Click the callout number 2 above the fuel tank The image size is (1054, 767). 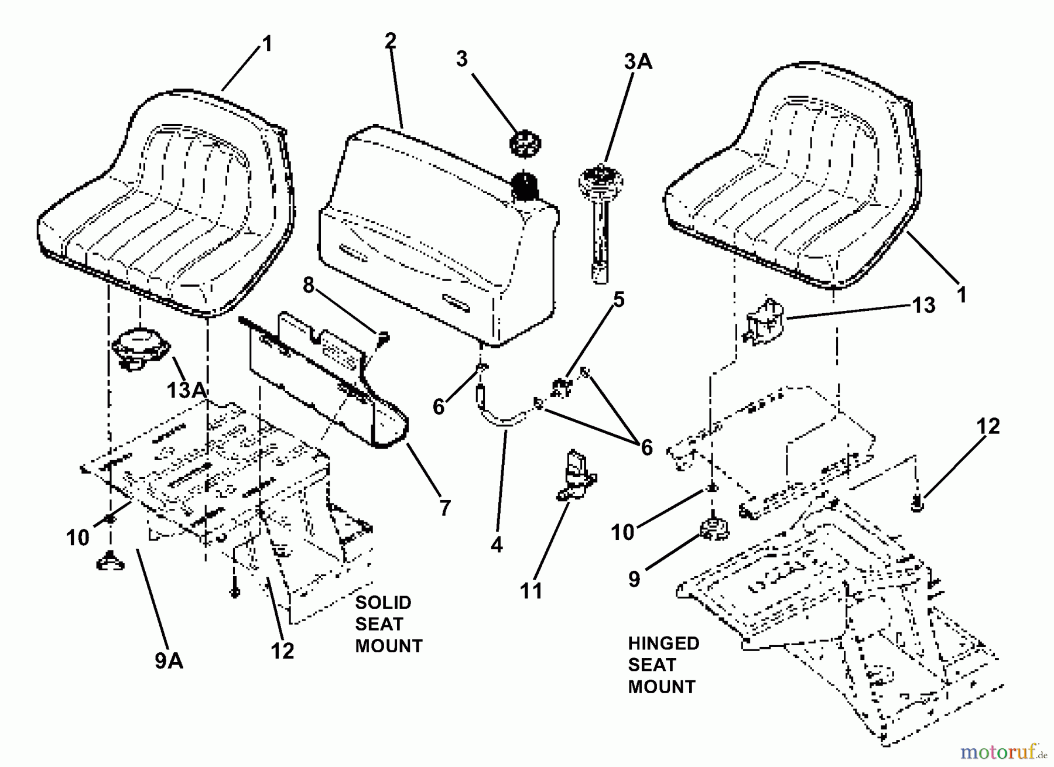[x=391, y=40]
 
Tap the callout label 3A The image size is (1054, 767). [x=638, y=61]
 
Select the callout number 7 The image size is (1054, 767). [x=445, y=508]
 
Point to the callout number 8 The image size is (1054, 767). [x=309, y=285]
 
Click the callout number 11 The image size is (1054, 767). [x=531, y=591]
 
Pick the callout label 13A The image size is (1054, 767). [x=186, y=390]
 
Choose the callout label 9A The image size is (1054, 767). [x=169, y=661]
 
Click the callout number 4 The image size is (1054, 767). [x=497, y=545]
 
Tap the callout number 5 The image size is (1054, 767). [x=618, y=300]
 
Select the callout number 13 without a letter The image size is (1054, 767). [x=923, y=305]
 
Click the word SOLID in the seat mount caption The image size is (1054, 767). [x=383, y=602]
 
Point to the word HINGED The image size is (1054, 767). [x=663, y=643]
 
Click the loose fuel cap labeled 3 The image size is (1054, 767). [x=525, y=143]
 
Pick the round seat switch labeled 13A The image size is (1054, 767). [x=140, y=347]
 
